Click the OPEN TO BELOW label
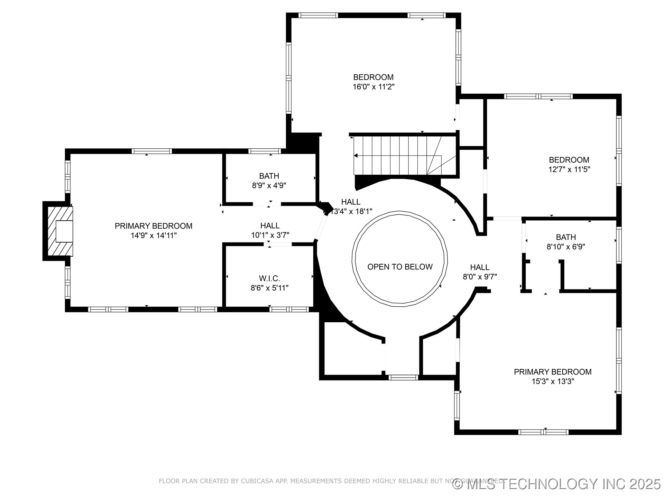400,267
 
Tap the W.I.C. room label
269,278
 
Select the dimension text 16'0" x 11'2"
373,87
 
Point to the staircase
405,156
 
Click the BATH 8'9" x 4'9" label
269,176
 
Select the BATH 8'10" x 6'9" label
566,237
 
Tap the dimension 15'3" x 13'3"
553,381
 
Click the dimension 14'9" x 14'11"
154,236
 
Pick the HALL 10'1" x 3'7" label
270,226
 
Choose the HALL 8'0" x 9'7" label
480,267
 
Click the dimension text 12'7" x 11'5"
569,169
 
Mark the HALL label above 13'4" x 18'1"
351,202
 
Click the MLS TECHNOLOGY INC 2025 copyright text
557,484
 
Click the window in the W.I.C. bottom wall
289,310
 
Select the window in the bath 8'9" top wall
265,151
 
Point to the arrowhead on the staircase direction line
356,156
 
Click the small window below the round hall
403,378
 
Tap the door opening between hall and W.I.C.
278,244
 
